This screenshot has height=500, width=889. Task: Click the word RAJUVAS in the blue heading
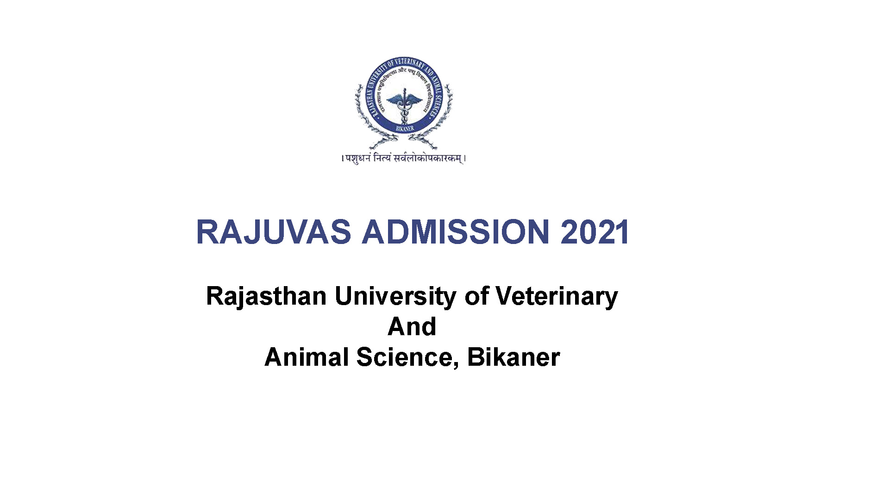click(x=274, y=232)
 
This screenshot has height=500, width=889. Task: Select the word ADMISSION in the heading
click(x=456, y=232)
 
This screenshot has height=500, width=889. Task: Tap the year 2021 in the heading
click(x=595, y=232)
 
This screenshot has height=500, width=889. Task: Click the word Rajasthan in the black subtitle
click(x=266, y=296)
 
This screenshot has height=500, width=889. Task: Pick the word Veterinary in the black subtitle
click(x=557, y=296)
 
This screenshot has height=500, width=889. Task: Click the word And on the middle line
click(x=412, y=327)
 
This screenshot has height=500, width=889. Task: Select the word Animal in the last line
click(x=306, y=357)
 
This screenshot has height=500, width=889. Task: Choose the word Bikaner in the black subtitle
click(x=513, y=357)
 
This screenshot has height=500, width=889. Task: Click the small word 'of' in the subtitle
click(x=476, y=296)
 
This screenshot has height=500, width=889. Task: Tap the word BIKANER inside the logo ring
click(x=404, y=128)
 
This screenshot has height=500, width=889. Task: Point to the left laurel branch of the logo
click(x=366, y=116)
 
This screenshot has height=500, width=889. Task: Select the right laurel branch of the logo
click(x=442, y=116)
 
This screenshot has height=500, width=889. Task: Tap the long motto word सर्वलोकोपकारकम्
click(x=427, y=159)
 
